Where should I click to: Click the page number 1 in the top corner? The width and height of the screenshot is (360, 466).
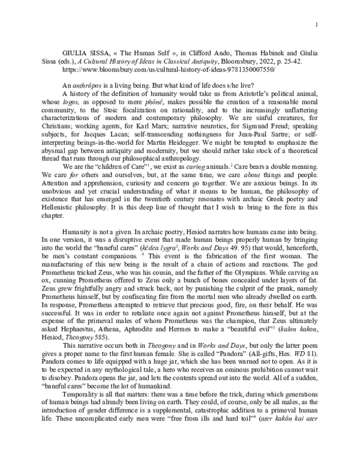point(316,24)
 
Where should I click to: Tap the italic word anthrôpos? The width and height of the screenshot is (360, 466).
point(86,85)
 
